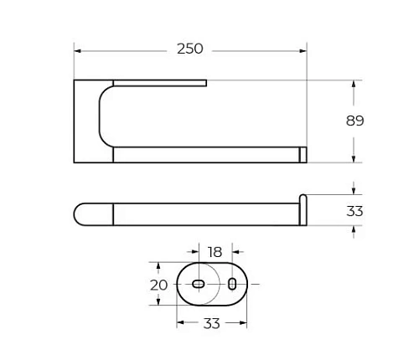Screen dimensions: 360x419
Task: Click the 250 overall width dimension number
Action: [x=190, y=49]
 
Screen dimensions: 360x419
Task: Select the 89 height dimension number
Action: [x=355, y=121]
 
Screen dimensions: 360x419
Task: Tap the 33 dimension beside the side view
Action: [x=355, y=211]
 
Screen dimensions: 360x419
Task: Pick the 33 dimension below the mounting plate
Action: [x=212, y=323]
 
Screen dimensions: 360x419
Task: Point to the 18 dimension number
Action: [x=215, y=251]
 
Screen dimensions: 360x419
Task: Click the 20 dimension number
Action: [x=159, y=285]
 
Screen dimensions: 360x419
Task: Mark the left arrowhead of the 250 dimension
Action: [x=78, y=50]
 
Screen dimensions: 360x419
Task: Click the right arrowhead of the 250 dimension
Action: [x=303, y=50]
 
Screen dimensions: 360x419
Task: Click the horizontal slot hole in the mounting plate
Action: [x=198, y=285]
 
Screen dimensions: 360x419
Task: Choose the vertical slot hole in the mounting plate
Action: [x=232, y=285]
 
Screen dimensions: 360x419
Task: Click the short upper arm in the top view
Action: [x=159, y=82]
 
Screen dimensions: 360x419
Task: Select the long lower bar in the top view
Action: [x=205, y=155]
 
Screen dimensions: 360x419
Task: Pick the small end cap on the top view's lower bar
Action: [x=303, y=155]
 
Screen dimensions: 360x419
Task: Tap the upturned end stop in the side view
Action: [x=303, y=209]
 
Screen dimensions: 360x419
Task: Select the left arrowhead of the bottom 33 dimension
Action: [x=180, y=323]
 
